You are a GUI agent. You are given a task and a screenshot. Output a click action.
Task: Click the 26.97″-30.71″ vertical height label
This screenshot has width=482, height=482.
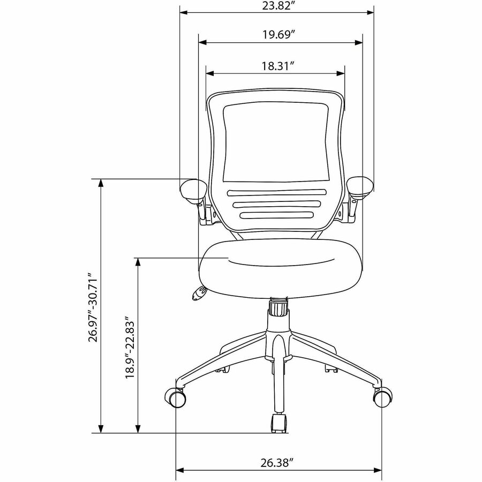coord(93,307)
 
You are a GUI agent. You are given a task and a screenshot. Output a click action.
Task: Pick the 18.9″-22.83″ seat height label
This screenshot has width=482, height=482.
coord(130,347)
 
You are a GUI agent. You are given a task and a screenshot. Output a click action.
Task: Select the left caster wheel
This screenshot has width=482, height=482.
coord(176,397)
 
